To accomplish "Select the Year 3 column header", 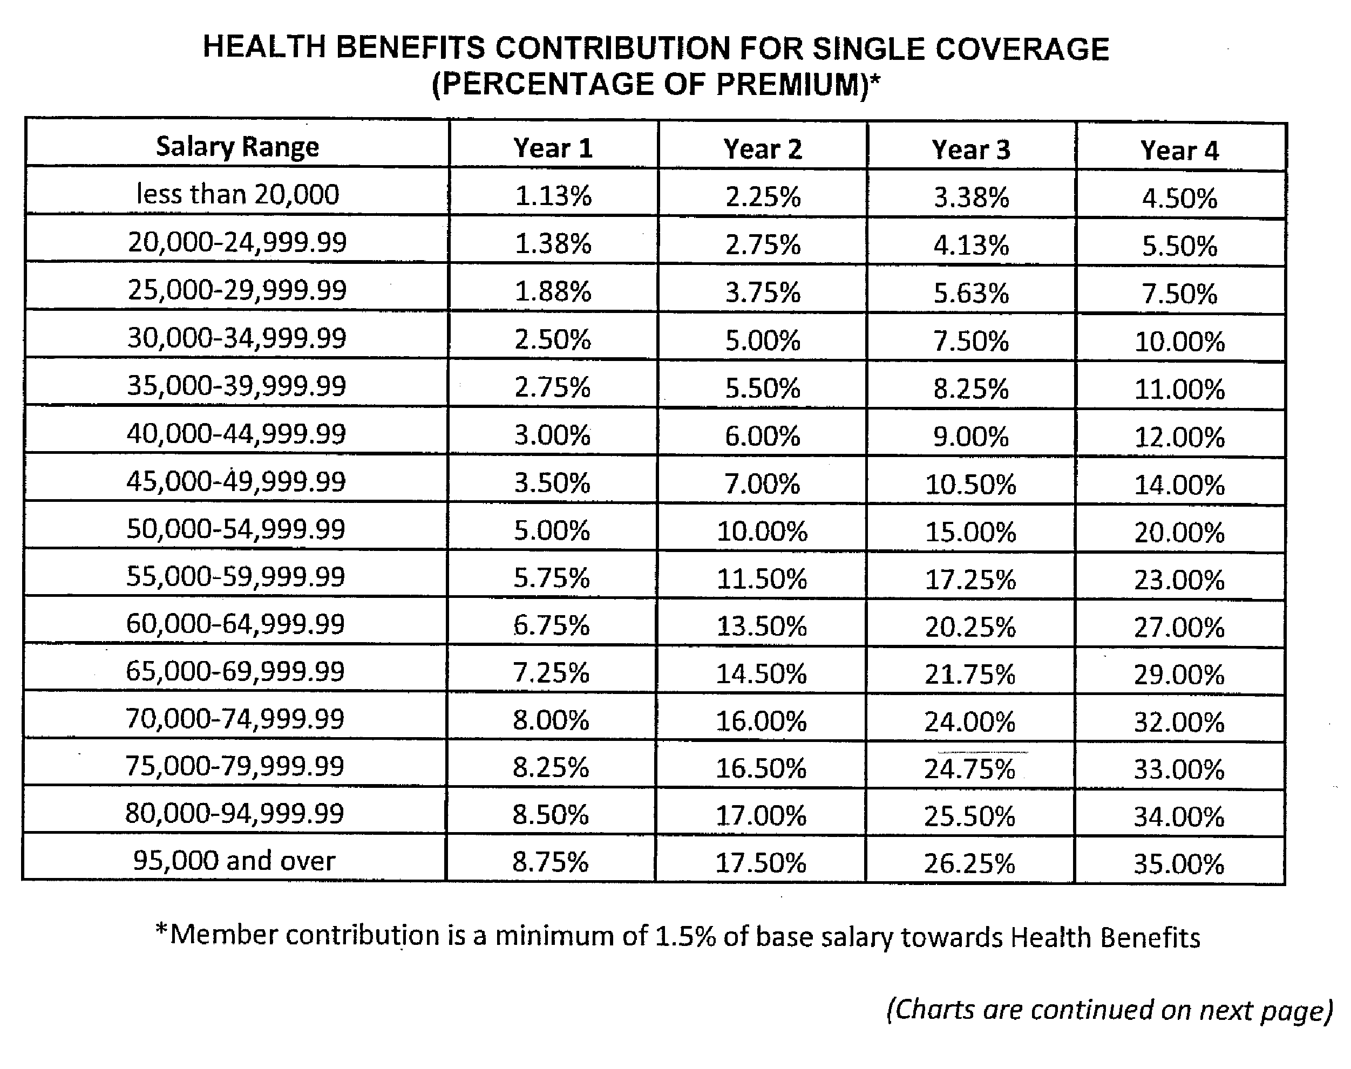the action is [x=971, y=149].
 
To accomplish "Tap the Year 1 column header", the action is [x=553, y=148].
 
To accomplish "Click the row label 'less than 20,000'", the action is [x=238, y=194].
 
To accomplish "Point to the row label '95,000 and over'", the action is [x=234, y=861].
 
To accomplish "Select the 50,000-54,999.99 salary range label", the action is [x=236, y=529].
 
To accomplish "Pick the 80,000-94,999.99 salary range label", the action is [x=235, y=813].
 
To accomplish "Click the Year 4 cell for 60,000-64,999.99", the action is [x=1179, y=627].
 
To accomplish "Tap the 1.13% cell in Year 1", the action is [x=553, y=196].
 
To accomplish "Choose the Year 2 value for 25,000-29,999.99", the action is [x=763, y=292].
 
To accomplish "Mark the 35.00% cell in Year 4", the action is [x=1179, y=864].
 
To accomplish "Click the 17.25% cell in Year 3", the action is [x=970, y=580].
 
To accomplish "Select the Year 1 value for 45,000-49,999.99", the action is [x=552, y=482].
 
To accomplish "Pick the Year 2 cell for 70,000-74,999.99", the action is [x=761, y=721].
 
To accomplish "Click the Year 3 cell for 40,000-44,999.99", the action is [x=971, y=436].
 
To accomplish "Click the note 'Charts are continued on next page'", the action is [x=1109, y=1010].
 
